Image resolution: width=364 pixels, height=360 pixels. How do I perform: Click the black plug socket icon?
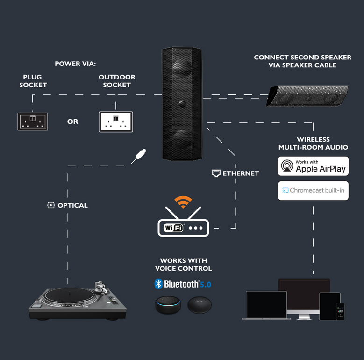pos(33,122)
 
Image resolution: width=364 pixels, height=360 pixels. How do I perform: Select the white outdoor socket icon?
pos(116,122)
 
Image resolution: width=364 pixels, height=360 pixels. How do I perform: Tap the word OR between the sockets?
pos(73,122)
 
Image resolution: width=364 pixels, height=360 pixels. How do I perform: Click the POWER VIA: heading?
pos(75,64)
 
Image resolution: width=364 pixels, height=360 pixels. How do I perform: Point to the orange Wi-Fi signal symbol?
pos(183,202)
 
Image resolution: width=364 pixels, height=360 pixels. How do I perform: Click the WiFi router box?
pos(183,228)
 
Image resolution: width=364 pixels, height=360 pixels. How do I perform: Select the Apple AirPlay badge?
pos(313,166)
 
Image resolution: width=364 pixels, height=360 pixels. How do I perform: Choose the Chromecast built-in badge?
pos(313,190)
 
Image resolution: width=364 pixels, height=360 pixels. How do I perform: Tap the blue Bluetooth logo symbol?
pos(158,284)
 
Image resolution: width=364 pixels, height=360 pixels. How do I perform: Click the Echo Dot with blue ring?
pos(168,305)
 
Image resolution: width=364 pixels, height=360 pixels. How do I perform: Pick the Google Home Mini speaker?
pos(200,305)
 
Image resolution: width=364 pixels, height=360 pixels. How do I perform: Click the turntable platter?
pos(70,296)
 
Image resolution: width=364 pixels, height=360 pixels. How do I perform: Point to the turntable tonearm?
pos(101,288)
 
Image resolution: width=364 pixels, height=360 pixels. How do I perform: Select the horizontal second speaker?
pos(307,96)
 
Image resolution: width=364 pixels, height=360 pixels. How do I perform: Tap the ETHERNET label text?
pos(241,173)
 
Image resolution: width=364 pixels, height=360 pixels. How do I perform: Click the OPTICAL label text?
pos(73,205)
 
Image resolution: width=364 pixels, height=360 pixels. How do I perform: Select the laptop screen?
pos(266,304)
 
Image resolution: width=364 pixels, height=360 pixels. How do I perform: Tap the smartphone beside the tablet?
pos(340,311)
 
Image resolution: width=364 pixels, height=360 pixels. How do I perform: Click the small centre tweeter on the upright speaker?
pos(182,103)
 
